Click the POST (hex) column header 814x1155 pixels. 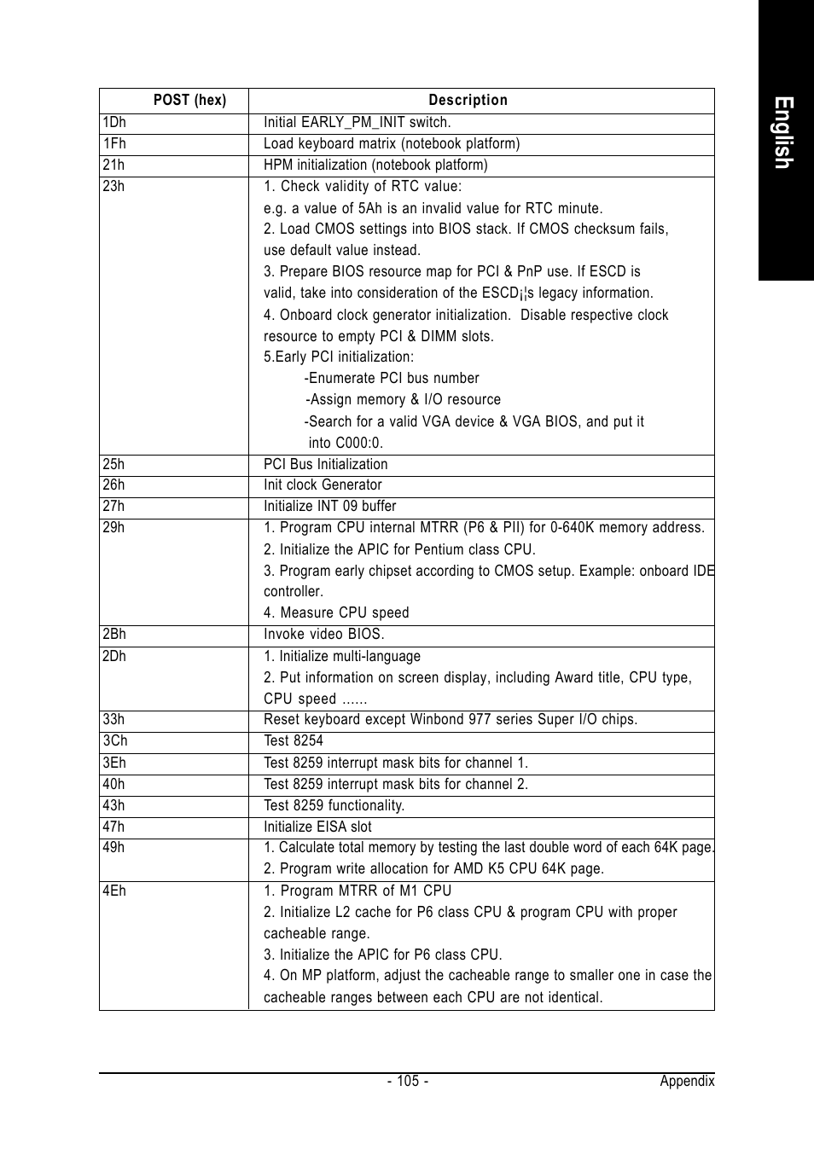click(x=189, y=100)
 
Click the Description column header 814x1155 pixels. click(x=468, y=100)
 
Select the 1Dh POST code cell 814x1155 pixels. click(x=114, y=122)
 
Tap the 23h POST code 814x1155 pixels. click(x=113, y=186)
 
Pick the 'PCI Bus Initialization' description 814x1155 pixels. click(x=325, y=464)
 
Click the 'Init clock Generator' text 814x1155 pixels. click(x=323, y=485)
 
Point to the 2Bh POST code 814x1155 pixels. click(x=114, y=634)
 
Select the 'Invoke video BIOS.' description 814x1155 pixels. click(x=323, y=634)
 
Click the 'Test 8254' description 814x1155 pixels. click(x=294, y=740)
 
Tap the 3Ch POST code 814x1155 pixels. click(x=115, y=740)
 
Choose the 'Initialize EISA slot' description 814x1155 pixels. click(x=317, y=827)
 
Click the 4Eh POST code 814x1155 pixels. click(x=114, y=891)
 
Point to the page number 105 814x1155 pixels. click(x=407, y=1081)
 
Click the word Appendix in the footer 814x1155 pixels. click(x=687, y=1081)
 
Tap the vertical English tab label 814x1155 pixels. click(x=785, y=133)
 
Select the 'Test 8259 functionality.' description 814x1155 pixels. click(x=334, y=805)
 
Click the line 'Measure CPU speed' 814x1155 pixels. click(x=336, y=612)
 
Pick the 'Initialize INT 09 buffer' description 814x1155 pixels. click(x=329, y=506)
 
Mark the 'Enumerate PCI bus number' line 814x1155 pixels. click(x=392, y=378)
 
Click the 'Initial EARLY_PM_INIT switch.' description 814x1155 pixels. click(x=357, y=122)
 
